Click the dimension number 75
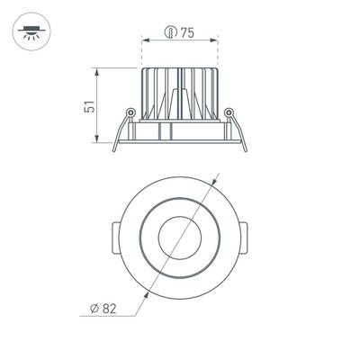(187, 33)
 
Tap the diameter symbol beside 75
(170, 33)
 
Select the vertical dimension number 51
(88, 104)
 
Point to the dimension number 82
(109, 309)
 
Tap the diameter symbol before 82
(94, 309)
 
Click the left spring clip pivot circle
(130, 112)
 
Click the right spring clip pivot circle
(229, 112)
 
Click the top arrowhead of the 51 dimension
(98, 70)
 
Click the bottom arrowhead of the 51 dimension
(98, 141)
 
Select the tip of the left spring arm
(115, 150)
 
